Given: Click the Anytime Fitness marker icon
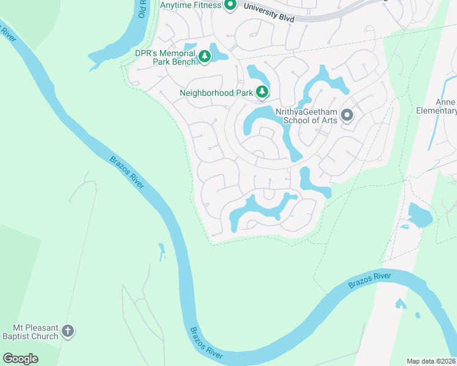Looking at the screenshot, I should click(230, 5).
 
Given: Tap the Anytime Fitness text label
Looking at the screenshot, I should click(190, 5).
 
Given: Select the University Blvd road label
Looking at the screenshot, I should click(268, 13).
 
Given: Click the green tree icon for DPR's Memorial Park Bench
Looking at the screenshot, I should click(205, 57).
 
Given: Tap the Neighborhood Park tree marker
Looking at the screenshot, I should click(262, 92).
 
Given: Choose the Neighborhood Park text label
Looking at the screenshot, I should click(216, 93).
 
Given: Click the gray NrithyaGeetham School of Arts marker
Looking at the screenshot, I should click(347, 115).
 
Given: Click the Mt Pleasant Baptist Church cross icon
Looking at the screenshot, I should click(68, 331).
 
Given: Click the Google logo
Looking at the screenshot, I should click(20, 358).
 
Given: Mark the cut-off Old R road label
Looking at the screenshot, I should click(142, 9).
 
